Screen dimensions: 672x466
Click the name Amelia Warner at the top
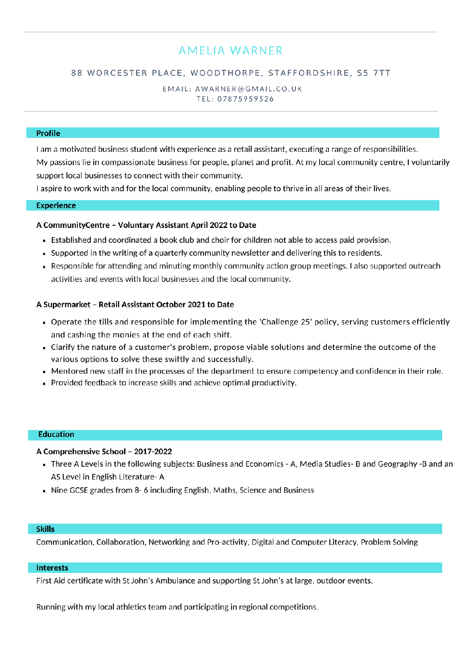pyautogui.click(x=231, y=51)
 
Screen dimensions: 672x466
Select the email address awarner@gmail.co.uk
pyautogui.click(x=248, y=89)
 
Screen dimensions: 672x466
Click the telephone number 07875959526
pyautogui.click(x=245, y=99)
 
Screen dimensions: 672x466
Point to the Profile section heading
pyautogui.click(x=48, y=133)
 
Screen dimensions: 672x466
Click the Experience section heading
pyautogui.click(x=56, y=205)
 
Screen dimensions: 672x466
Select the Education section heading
pyautogui.click(x=56, y=434)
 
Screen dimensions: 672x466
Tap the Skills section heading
pyautogui.click(x=45, y=529)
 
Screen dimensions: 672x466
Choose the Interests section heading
pyautogui.click(x=52, y=568)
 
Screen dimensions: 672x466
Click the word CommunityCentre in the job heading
pyautogui.click(x=76, y=225)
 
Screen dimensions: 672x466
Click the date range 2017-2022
pyautogui.click(x=153, y=451)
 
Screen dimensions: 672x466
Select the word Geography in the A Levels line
pyautogui.click(x=397, y=464)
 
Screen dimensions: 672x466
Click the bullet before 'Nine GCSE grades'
pyautogui.click(x=44, y=491)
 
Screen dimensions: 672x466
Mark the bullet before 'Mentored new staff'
pyautogui.click(x=44, y=372)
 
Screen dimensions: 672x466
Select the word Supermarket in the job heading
pyautogui.click(x=67, y=304)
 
